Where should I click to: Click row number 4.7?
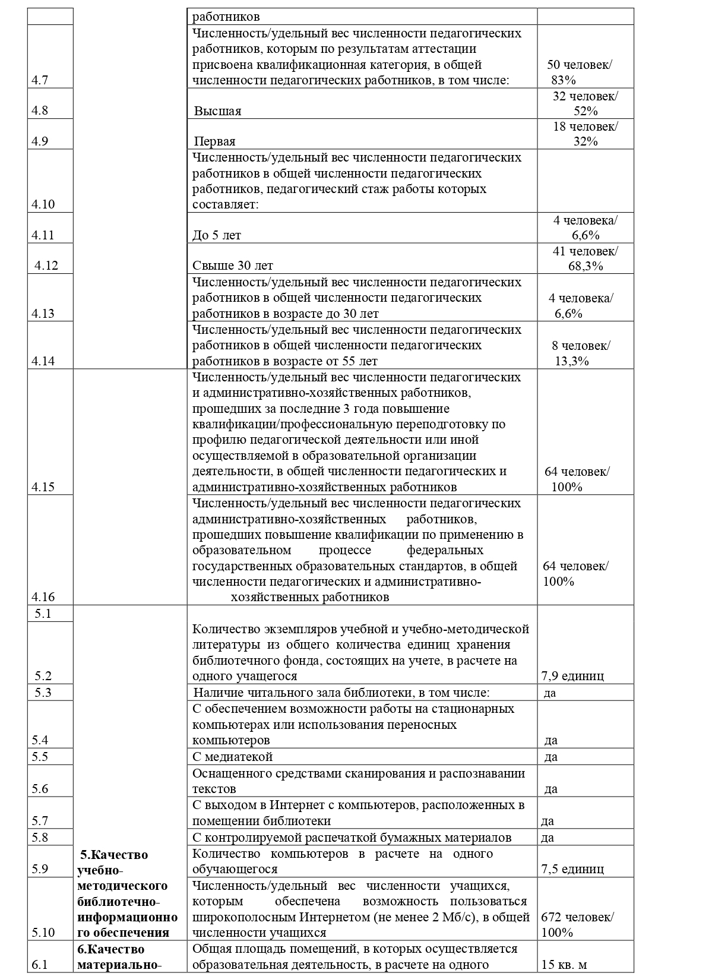[40, 80]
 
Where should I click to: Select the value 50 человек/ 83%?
[579, 72]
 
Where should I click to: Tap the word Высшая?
[217, 111]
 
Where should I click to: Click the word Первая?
[214, 141]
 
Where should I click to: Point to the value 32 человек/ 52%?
[584, 103]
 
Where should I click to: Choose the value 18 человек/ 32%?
[584, 134]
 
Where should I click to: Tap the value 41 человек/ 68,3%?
[584, 258]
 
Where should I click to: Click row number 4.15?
[43, 487]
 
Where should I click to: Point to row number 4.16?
[43, 597]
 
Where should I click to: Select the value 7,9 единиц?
[572, 676]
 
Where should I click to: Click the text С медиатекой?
[232, 757]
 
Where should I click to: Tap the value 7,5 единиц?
[572, 868]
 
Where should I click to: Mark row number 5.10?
[43, 933]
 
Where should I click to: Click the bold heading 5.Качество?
[114, 855]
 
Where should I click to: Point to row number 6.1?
[39, 965]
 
